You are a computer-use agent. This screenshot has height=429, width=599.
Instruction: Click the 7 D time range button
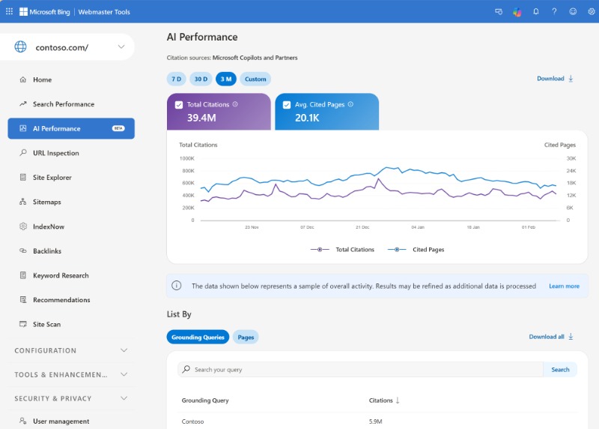point(176,79)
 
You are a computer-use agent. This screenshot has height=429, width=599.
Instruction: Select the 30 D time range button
point(200,79)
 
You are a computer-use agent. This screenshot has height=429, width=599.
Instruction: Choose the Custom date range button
point(255,79)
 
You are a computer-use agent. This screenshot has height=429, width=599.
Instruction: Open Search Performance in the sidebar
point(63,104)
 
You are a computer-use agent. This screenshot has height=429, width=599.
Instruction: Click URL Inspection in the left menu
point(55,153)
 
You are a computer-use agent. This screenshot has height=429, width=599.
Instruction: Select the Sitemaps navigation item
point(46,202)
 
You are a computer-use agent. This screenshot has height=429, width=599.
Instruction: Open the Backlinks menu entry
point(46,251)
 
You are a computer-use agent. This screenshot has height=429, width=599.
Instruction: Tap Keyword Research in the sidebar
point(60,275)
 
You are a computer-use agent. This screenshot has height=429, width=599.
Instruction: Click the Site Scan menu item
point(46,324)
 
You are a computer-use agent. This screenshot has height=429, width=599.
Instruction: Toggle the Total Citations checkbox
point(179,105)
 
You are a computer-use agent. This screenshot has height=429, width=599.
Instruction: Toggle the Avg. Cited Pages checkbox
point(287,105)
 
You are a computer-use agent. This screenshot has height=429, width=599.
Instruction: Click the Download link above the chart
point(555,79)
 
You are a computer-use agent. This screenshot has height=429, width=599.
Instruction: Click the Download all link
point(550,337)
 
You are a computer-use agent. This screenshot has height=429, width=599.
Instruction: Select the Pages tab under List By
point(246,337)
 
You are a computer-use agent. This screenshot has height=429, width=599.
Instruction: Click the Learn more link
point(564,286)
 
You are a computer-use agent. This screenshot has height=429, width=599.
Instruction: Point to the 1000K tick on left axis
point(186,158)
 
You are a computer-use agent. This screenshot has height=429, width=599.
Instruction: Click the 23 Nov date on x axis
point(252,226)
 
